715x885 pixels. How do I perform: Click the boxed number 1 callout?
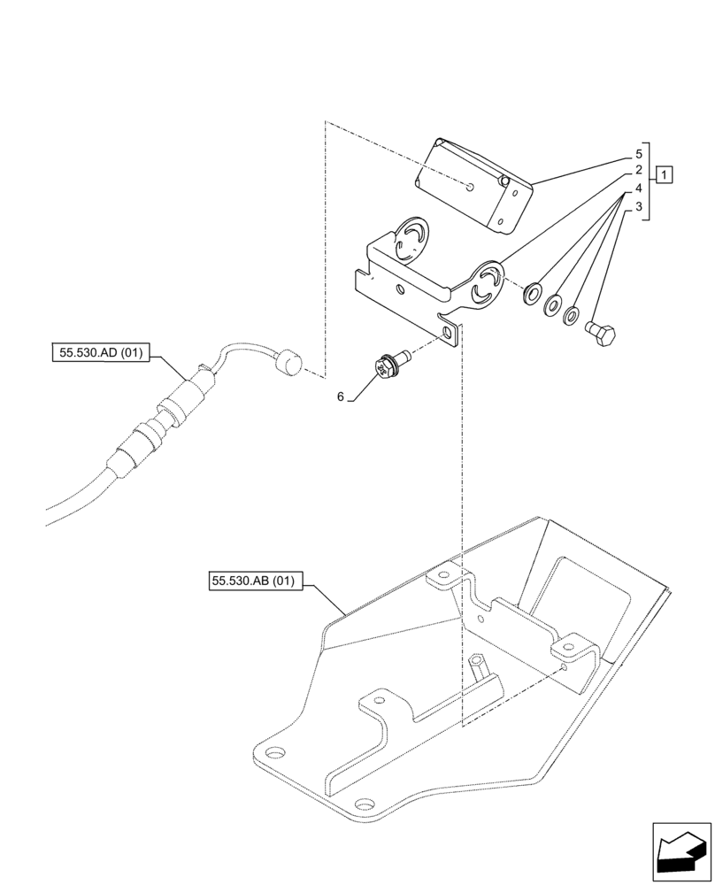pos(664,173)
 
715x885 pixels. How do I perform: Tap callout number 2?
pos(638,171)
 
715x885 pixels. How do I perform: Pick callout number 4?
pos(638,189)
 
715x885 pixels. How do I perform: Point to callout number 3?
pos(638,207)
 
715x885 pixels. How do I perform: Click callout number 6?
pos(340,397)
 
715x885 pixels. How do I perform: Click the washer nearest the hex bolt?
pos(573,314)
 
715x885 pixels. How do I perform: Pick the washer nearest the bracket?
pos(533,293)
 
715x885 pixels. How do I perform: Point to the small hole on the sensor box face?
pos(474,187)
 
